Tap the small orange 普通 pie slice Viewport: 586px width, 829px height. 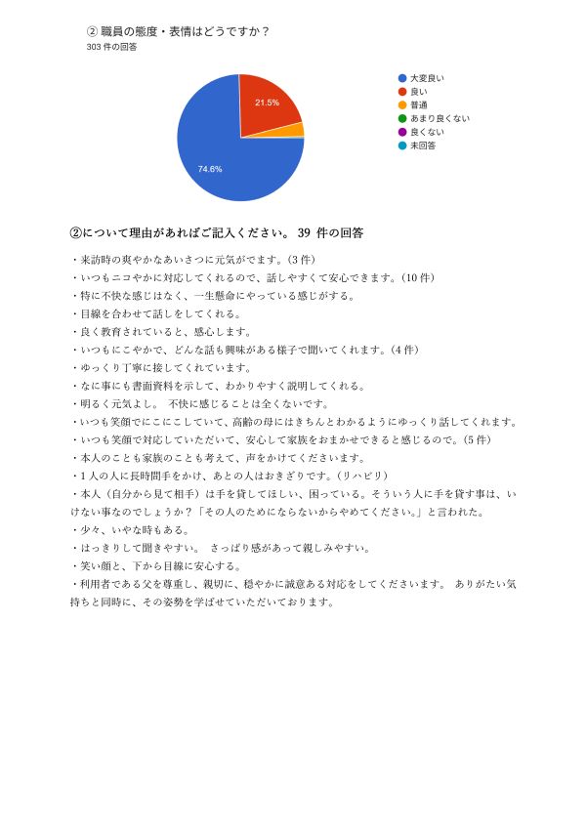297,129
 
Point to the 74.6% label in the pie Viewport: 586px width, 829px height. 210,169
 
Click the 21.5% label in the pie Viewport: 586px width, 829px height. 267,102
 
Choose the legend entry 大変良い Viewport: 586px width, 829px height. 427,77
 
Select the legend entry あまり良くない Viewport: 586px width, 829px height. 439,118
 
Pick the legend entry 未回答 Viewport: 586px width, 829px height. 423,145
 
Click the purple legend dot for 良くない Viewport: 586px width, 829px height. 401,132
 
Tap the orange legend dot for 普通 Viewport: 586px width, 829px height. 401,104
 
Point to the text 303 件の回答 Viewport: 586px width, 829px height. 111,47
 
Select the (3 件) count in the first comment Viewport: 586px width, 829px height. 295,260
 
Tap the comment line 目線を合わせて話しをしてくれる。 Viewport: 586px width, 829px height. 155,313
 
